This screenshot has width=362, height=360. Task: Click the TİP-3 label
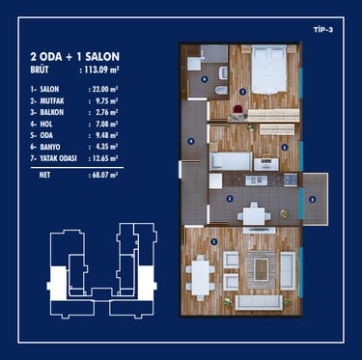[x=323, y=30]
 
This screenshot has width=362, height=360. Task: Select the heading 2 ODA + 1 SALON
[x=75, y=56]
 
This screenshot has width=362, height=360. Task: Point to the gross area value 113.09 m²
[x=102, y=69]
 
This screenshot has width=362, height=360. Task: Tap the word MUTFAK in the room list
[x=52, y=100]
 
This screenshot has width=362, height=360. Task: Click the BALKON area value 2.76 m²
[x=104, y=112]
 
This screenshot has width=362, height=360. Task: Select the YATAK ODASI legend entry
[x=58, y=158]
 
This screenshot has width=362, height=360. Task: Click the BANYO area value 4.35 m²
[x=104, y=147]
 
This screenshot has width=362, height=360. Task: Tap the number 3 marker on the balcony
[x=312, y=200]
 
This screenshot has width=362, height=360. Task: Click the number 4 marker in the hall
[x=191, y=141]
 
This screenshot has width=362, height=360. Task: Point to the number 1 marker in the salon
[x=214, y=242]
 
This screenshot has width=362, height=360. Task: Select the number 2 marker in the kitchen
[x=230, y=199]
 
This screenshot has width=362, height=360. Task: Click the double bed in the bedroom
[x=268, y=69]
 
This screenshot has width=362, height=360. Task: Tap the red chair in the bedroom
[x=238, y=109]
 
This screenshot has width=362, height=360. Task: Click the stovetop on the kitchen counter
[x=291, y=180]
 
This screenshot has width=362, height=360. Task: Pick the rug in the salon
[x=262, y=269]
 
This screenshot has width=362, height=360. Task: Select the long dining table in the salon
[x=200, y=277]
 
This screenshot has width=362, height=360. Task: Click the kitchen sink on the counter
[x=257, y=180]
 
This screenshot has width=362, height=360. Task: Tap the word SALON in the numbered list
[x=49, y=89]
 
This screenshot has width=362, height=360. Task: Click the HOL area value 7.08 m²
[x=104, y=124]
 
